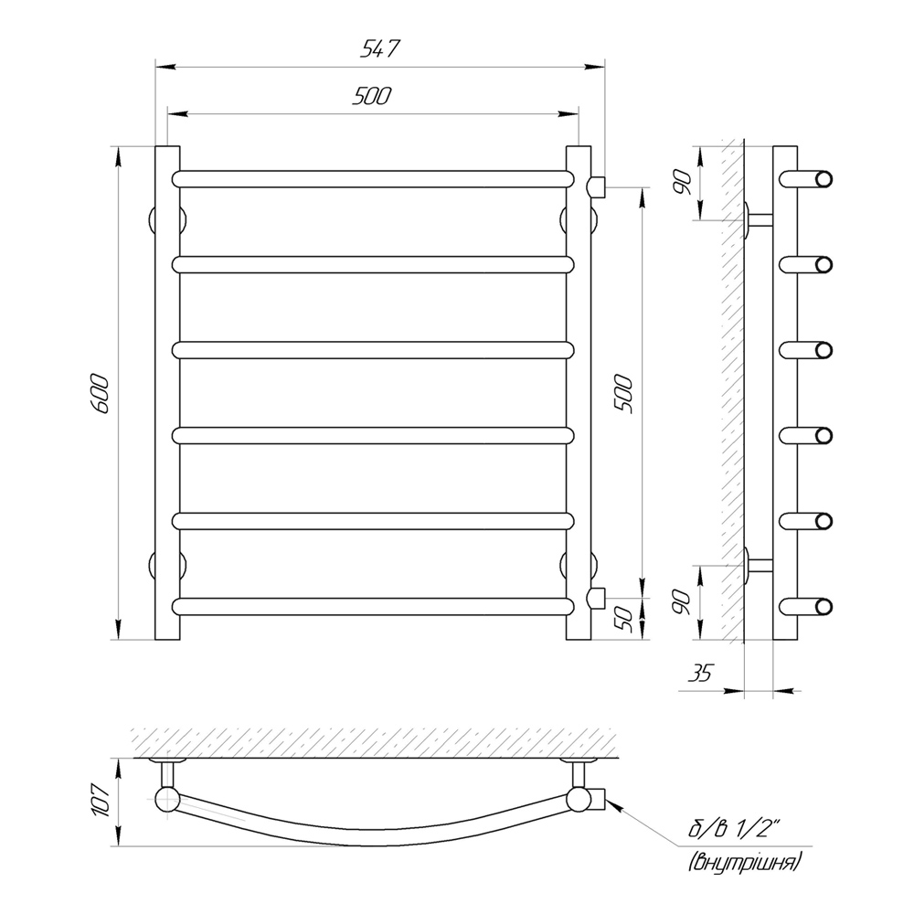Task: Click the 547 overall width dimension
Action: point(380,49)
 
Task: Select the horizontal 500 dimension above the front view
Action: point(372,96)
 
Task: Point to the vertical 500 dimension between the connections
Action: point(623,394)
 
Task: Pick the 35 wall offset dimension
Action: point(700,673)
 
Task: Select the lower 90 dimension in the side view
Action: point(681,601)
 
